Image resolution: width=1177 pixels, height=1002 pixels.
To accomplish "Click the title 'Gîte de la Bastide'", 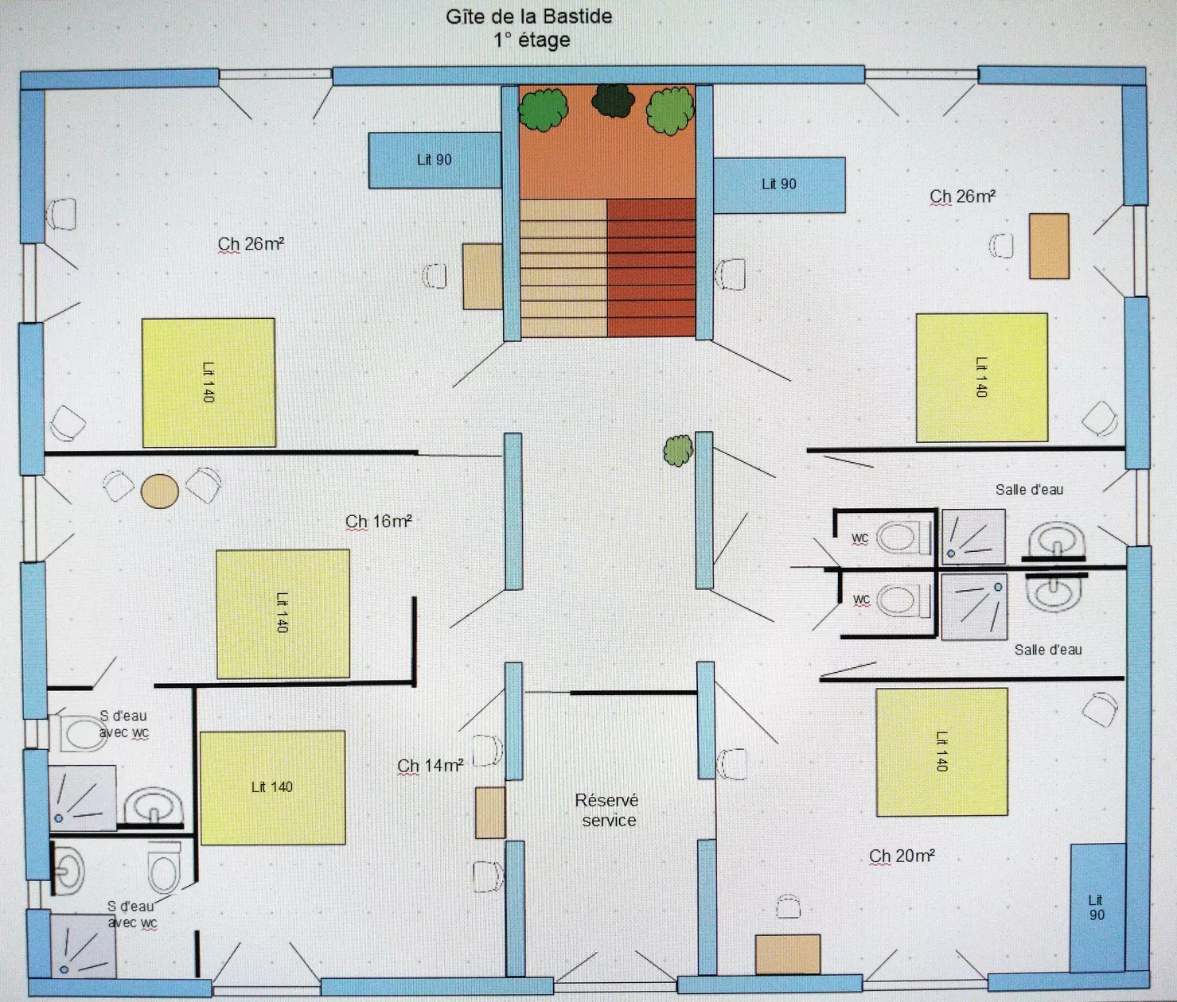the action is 528,17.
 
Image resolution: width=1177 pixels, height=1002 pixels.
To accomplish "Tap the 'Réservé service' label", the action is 607,810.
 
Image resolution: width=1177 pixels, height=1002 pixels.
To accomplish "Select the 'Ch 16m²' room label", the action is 379,521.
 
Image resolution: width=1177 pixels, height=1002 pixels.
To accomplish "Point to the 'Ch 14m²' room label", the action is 431,765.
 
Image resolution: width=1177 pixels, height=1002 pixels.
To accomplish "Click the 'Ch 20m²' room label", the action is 902,856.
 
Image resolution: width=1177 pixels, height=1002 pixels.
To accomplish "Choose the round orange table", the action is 160,491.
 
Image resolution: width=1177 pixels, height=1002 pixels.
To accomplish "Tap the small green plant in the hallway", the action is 678,451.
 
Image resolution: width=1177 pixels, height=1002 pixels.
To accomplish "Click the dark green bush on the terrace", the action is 613,100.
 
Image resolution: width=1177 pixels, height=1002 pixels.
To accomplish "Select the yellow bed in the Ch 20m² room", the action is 941,752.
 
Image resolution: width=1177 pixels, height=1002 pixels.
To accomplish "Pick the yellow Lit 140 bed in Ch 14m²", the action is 273,787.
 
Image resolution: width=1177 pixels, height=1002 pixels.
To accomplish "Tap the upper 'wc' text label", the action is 859,538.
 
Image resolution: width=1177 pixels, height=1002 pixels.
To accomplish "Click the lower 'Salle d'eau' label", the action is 1048,650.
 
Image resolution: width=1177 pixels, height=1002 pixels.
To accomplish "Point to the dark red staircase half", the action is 651,267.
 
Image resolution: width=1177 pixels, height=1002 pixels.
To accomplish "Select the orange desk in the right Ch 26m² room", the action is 1049,247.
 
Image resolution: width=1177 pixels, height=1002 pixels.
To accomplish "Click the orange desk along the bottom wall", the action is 788,954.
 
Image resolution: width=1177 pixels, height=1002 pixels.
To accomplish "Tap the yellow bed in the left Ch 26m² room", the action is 209,383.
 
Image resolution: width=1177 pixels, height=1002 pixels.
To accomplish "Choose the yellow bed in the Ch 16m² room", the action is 283,613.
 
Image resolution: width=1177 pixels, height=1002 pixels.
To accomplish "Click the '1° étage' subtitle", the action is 532,41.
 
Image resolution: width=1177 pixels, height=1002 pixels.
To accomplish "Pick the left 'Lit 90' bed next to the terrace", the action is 435,160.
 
